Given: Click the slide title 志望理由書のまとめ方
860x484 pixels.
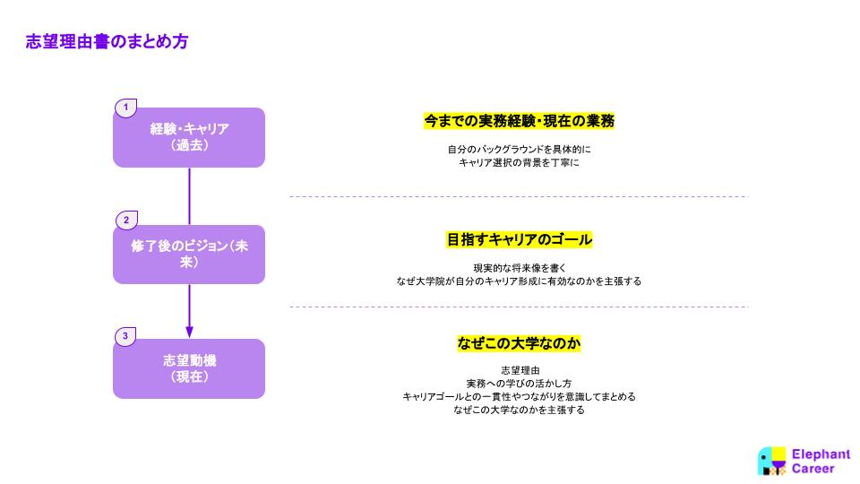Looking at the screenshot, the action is pos(107,41).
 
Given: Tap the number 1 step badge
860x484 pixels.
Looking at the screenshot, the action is pos(125,107).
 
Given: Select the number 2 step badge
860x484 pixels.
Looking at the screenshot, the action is pos(126,220).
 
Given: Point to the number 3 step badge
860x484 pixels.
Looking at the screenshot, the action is pos(125,336).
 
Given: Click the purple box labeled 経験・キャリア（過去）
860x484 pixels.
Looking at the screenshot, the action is pos(189,137).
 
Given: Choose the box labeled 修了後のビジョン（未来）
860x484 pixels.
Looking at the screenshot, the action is pos(189,254).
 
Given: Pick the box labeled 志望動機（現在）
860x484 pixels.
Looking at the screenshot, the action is pos(189,368).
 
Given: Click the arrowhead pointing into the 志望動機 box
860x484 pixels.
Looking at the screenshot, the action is pos(189,332).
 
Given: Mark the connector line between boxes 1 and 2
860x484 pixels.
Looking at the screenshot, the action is pos(189,196).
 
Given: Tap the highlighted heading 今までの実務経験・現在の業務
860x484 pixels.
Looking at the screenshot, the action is pos(519,121).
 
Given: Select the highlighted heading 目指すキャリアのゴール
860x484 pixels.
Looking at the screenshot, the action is pos(519,240).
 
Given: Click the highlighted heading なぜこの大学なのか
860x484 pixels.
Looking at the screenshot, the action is pos(519,343).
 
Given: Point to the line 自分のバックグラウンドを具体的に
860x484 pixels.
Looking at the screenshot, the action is pos(519,150).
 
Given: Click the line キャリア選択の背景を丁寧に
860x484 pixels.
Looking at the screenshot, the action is pos(519,162).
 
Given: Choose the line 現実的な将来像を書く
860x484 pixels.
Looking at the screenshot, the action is pos(520,268).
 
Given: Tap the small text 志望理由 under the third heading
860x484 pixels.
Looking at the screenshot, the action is pos(520,370).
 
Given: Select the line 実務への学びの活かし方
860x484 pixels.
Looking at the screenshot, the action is pos(519,384).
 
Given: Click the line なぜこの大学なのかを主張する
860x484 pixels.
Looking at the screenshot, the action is pos(519,410).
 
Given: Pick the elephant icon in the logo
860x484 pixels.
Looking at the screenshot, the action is pos(771,461).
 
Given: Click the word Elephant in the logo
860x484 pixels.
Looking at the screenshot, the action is pos(821,454).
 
